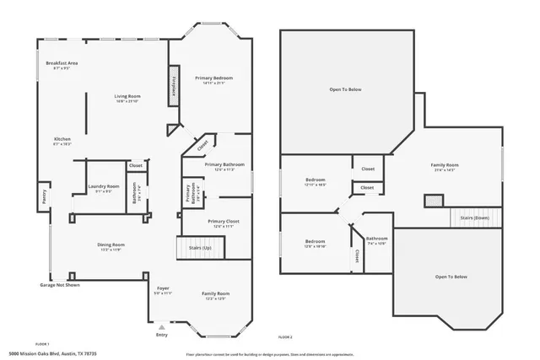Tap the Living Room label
pyautogui.click(x=127, y=96)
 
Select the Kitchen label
pyautogui.click(x=62, y=139)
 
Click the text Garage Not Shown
pyautogui.click(x=59, y=285)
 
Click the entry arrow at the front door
pyautogui.click(x=162, y=326)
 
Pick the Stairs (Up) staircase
pyautogui.click(x=200, y=249)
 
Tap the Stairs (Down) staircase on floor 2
pyautogui.click(x=476, y=217)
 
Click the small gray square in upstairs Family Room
pyautogui.click(x=433, y=201)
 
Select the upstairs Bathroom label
pyautogui.click(x=377, y=239)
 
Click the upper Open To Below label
pyautogui.click(x=346, y=89)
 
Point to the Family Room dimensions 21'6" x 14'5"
pyautogui.click(x=445, y=170)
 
